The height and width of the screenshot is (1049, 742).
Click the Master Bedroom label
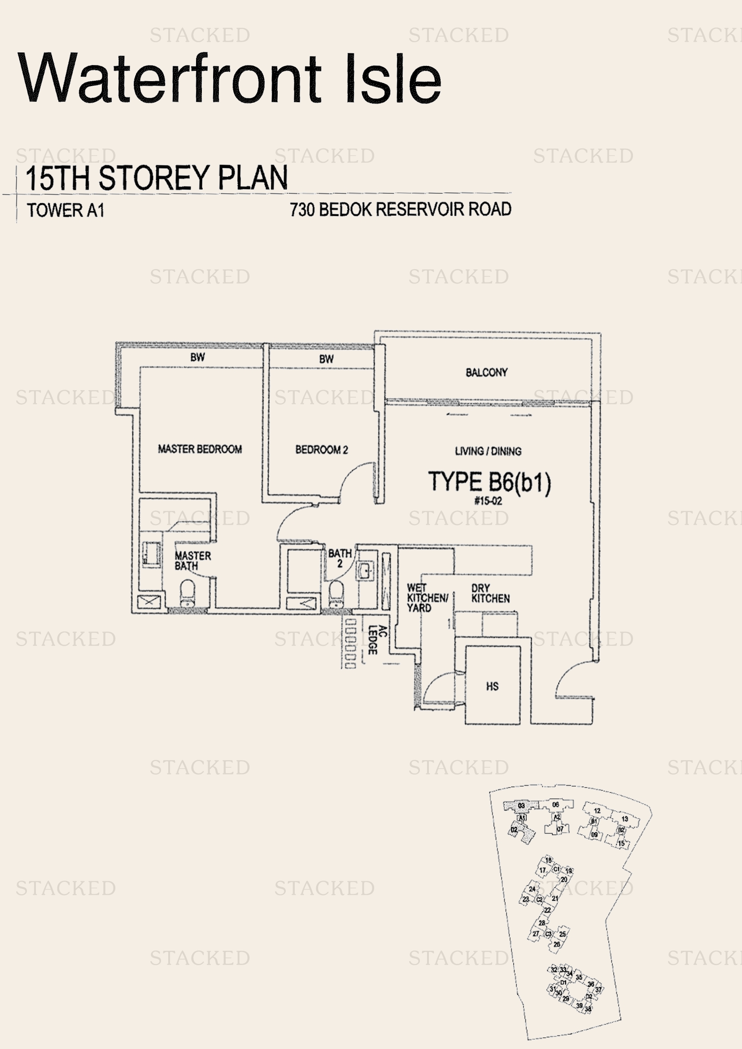[200, 449]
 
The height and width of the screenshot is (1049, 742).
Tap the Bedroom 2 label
[321, 449]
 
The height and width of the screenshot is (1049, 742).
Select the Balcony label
[486, 372]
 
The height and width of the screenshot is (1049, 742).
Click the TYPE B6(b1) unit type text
[489, 482]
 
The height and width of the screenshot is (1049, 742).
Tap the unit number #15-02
[488, 501]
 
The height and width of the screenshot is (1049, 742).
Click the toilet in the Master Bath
[188, 593]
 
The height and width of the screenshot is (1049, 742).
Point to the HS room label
[492, 686]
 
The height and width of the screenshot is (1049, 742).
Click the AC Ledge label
[377, 640]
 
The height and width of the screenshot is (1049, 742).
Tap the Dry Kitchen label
[490, 593]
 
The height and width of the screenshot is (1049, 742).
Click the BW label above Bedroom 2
[326, 359]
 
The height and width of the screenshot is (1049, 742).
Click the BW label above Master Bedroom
[197, 357]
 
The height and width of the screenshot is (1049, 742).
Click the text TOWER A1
[66, 210]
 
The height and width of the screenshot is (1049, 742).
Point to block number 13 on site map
[624, 819]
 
